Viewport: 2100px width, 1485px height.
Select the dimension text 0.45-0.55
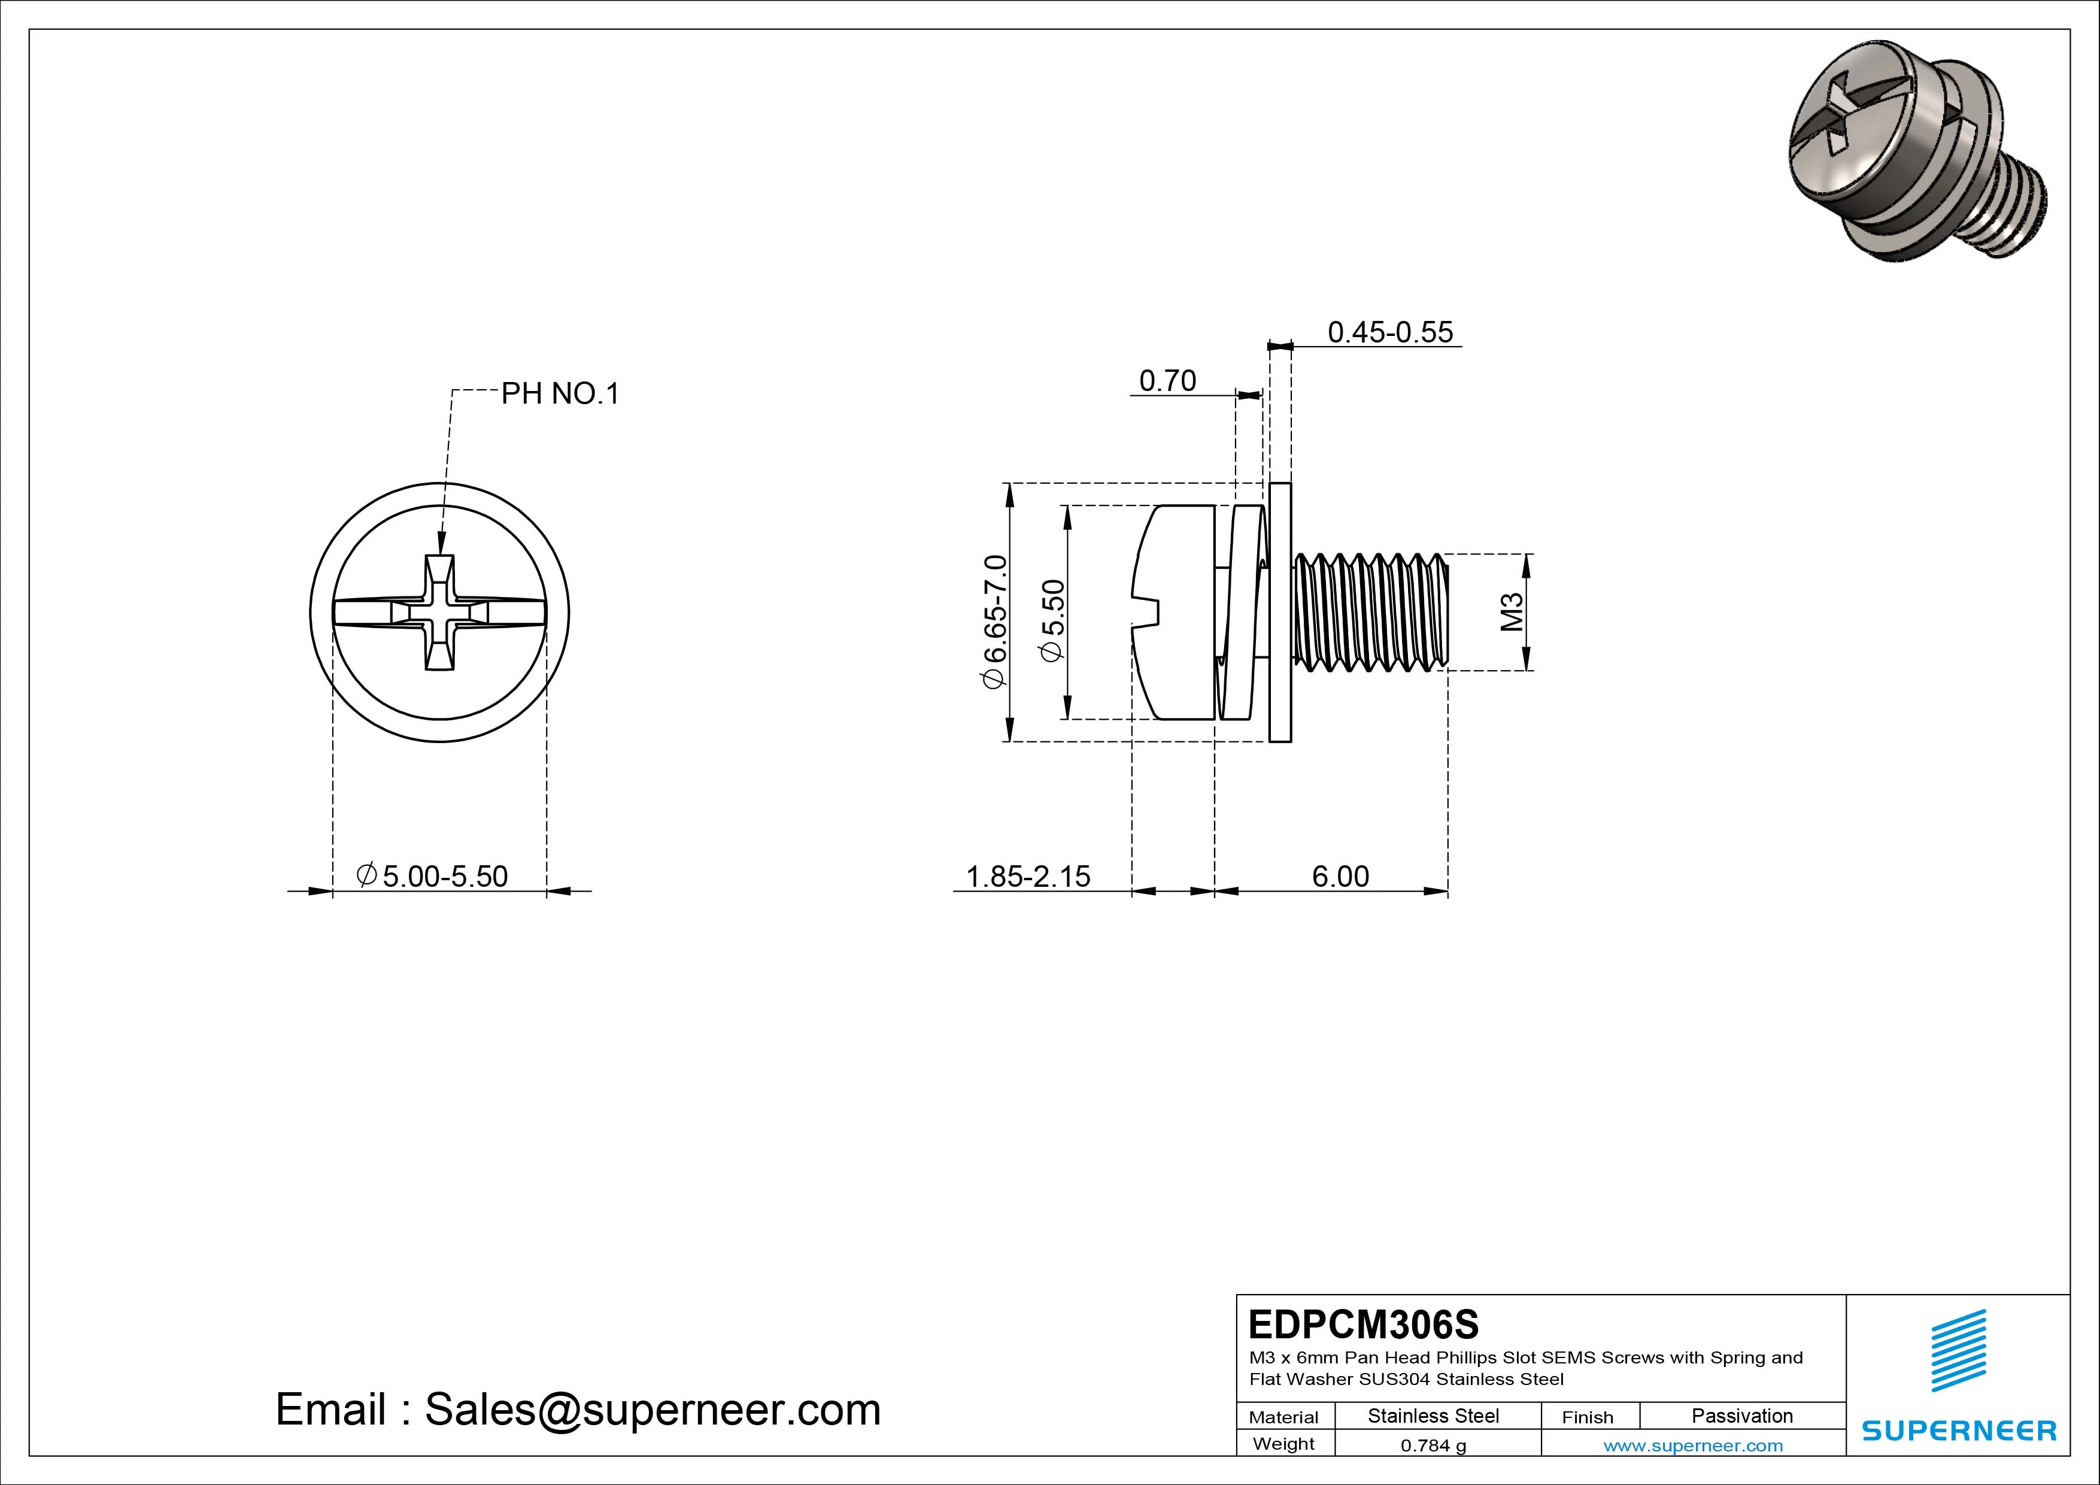pyautogui.click(x=1389, y=332)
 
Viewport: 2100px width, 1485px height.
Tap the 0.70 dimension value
pyautogui.click(x=1167, y=381)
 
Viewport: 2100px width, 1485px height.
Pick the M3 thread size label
pyautogui.click(x=1512, y=612)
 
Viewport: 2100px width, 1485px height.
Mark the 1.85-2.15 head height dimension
pyautogui.click(x=1028, y=877)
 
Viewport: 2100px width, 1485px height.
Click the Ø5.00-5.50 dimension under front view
pyautogui.click(x=433, y=877)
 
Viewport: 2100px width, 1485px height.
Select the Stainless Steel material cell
pyautogui.click(x=1433, y=1416)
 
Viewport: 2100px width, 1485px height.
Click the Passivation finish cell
pyautogui.click(x=1741, y=1416)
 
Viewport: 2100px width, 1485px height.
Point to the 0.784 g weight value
pyautogui.click(x=1433, y=1445)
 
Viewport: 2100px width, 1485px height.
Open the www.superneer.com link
pyautogui.click(x=1693, y=1445)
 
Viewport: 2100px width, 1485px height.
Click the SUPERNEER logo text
pyautogui.click(x=1959, y=1430)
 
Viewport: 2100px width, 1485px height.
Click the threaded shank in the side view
pyautogui.click(x=1372, y=612)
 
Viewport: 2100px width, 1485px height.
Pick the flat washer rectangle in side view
pyautogui.click(x=1280, y=612)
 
